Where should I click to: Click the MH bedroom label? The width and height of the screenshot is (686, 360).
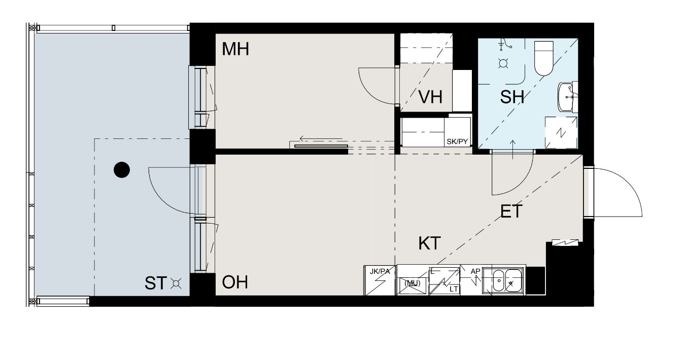coord(235,49)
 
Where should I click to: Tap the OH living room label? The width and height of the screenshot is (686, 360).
coord(235,282)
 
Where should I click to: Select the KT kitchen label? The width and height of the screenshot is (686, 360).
coord(429,243)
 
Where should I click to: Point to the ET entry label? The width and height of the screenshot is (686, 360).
coord(511,211)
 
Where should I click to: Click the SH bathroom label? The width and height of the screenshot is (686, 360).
coord(512,97)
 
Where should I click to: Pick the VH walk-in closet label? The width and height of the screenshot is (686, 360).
coord(430,97)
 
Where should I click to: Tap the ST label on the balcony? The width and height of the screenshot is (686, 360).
coord(156,283)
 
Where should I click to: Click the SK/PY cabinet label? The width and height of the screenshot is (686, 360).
coord(457,141)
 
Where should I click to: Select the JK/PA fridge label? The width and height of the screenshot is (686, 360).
coord(380,271)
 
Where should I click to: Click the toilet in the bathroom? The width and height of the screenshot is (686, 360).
coord(543,58)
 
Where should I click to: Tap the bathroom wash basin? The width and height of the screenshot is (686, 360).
coord(567,97)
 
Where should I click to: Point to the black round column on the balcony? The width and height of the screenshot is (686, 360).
coord(122,169)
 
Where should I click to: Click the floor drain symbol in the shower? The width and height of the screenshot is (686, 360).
coord(503,63)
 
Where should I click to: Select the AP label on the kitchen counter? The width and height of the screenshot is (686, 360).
coord(475,271)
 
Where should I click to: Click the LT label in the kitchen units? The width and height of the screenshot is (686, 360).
coord(454,289)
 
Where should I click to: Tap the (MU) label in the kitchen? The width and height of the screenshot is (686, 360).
coord(412,283)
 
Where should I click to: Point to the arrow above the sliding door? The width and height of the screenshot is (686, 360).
coord(321,138)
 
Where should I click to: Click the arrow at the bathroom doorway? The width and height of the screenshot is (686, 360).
coord(512,150)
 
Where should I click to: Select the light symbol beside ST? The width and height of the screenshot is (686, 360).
coord(176,283)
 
